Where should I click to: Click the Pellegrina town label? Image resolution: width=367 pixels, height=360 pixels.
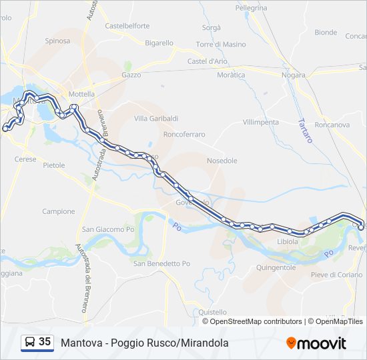pos(251,8)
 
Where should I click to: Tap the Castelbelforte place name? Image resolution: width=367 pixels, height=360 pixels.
pos(127,26)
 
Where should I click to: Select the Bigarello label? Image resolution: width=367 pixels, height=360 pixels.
pos(159,43)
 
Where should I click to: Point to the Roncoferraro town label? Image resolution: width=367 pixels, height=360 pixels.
pos(183,135)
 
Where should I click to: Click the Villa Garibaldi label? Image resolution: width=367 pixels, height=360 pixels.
pos(156,118)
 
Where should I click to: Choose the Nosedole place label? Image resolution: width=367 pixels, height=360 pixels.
pos(222,161)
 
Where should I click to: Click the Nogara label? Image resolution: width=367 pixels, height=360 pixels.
pos(293,75)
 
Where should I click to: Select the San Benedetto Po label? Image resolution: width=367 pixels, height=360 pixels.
pos(161,263)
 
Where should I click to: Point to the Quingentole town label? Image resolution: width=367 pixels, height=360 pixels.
pos(276,267)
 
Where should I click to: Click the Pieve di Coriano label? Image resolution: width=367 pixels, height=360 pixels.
pos(336,275)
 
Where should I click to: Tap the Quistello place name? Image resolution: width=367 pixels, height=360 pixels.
pos(213,311)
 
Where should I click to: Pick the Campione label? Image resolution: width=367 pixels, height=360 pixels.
pos(59,211)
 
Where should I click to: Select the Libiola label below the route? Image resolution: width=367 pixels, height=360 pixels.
pos(288,241)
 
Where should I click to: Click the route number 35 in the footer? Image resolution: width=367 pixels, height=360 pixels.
pos(45,342)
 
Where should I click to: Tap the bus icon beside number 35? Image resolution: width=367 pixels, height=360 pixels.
pos(30,342)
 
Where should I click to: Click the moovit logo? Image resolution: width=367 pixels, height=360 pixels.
pos(316,343)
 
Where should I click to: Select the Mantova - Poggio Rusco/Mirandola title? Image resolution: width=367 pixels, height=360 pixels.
pos(144,343)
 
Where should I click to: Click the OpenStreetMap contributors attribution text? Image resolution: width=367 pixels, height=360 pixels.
pos(256,321)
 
